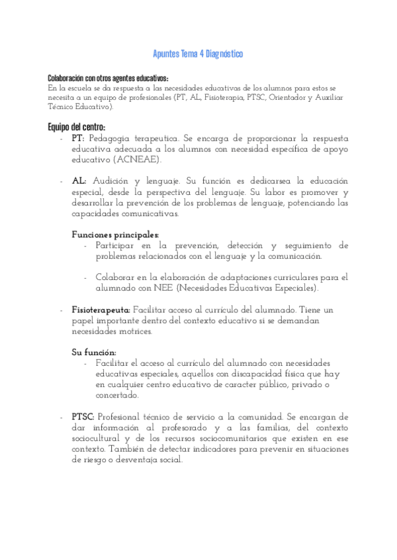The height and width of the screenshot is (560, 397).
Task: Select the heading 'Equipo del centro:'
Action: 76,127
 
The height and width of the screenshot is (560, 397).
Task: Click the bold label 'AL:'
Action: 79,180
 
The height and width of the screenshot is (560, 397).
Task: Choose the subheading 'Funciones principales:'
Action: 115,234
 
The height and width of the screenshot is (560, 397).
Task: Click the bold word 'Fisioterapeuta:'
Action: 101,309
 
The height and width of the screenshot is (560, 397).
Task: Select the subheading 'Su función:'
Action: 93,352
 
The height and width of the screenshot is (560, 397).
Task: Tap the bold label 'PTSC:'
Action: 83,417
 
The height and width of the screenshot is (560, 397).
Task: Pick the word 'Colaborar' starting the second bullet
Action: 116,277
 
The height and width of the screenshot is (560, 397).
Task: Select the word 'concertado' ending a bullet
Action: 116,396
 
